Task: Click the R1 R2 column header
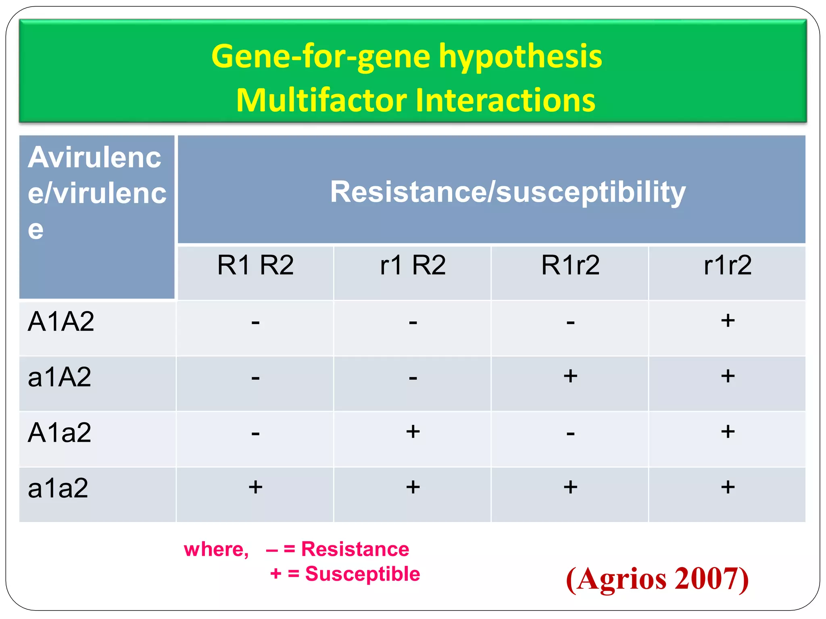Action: click(x=255, y=265)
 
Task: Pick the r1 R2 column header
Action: click(x=413, y=265)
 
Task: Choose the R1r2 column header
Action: click(x=570, y=265)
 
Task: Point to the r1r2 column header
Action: click(x=727, y=265)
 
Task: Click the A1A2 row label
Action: click(x=61, y=322)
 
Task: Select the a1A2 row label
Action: click(x=60, y=377)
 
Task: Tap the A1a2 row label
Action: click(x=60, y=433)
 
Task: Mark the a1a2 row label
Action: click(x=58, y=488)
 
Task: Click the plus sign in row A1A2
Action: click(x=728, y=321)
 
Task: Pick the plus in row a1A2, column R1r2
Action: click(x=570, y=376)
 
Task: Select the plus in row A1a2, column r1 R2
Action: click(x=413, y=432)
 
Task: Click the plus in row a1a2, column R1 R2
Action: click(x=255, y=487)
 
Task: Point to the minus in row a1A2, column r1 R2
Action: click(x=413, y=378)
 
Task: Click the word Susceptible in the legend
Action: click(x=362, y=574)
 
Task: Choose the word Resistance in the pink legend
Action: click(x=355, y=549)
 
